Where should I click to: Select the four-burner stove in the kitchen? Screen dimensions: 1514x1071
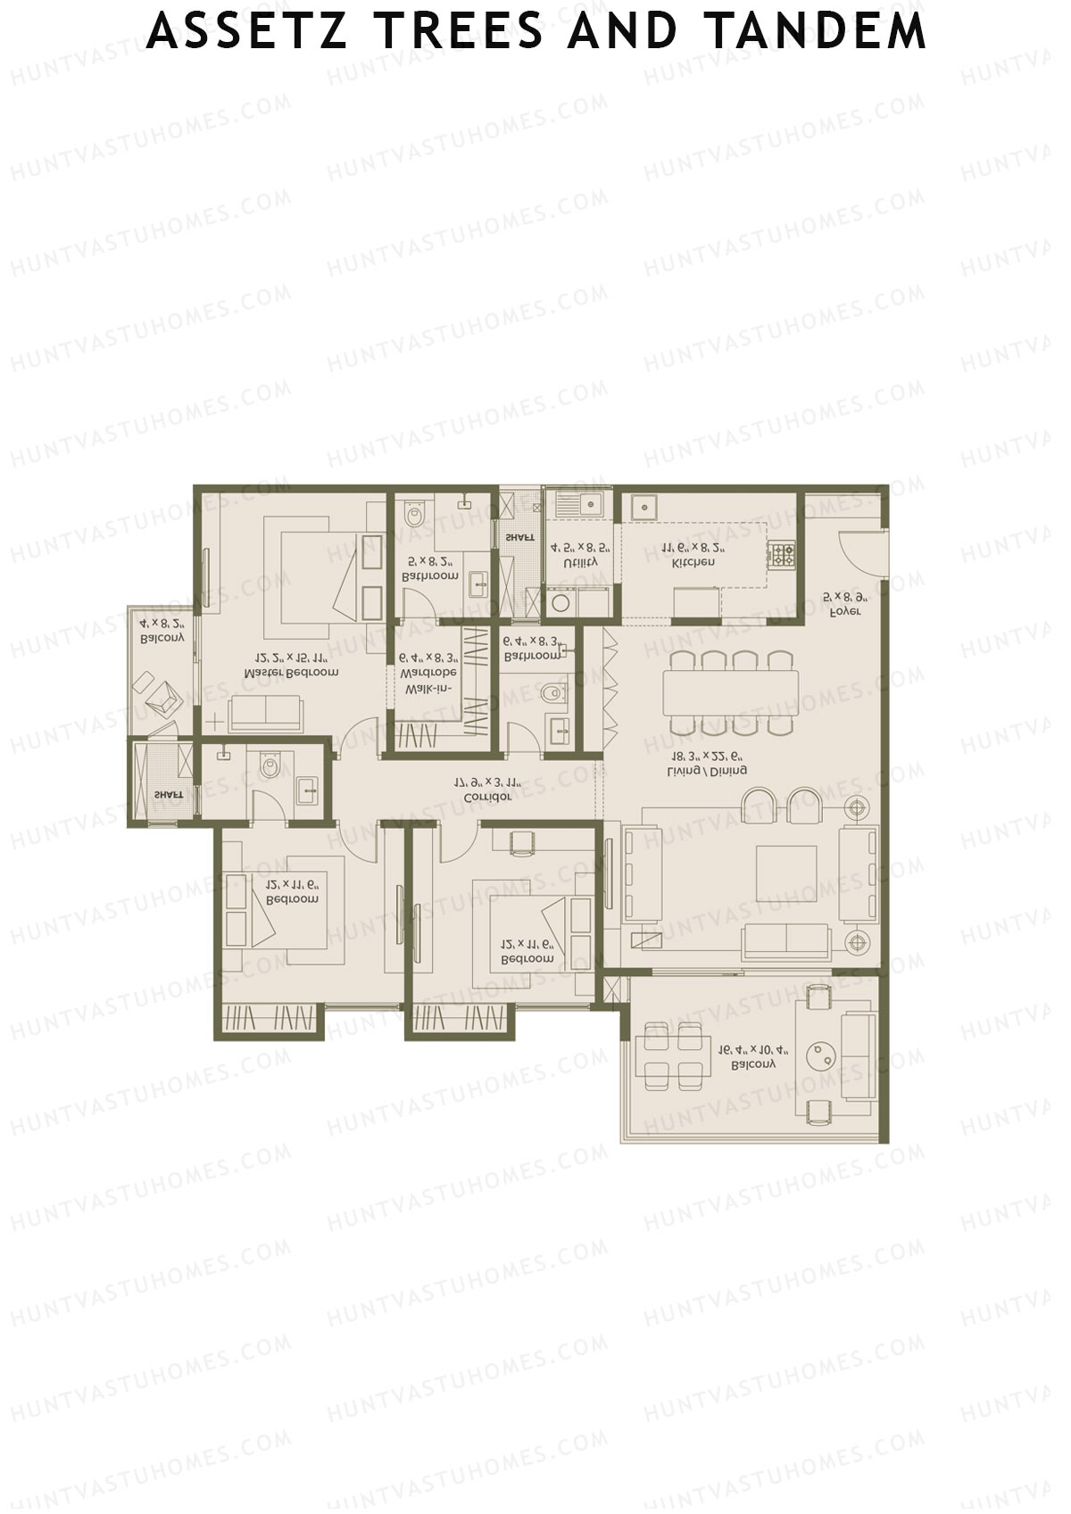click(x=784, y=556)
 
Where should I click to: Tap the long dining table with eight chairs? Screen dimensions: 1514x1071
click(x=730, y=693)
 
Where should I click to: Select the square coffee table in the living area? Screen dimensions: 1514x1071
click(x=786, y=873)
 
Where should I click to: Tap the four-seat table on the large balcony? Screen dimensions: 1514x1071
click(x=675, y=1056)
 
